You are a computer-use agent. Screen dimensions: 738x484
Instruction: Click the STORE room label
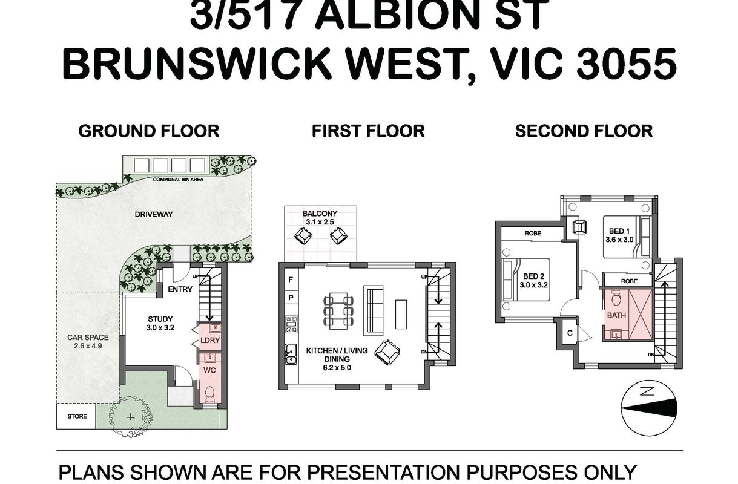click(x=77, y=416)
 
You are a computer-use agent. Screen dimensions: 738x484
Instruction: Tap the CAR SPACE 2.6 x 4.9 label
click(x=88, y=341)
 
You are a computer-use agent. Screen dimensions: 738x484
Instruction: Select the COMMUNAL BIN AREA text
click(x=178, y=180)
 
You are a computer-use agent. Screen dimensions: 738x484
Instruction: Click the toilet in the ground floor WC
click(x=209, y=394)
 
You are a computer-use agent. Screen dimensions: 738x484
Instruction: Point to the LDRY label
click(x=210, y=341)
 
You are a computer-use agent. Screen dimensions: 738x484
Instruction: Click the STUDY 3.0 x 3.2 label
click(x=160, y=323)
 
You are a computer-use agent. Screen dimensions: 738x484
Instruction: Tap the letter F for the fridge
click(x=291, y=280)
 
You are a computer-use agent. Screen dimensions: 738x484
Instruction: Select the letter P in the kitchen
click(x=291, y=298)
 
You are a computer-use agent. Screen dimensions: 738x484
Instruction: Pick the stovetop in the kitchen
click(x=291, y=324)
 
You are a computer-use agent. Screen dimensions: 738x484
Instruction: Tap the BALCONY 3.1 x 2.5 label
click(x=320, y=218)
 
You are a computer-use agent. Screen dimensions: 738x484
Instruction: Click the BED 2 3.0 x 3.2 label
click(x=534, y=281)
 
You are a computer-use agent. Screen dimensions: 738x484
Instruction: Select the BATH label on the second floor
click(x=616, y=315)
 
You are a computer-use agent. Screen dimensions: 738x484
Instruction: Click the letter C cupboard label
click(x=570, y=333)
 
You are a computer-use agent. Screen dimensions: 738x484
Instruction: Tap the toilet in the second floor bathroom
click(x=616, y=298)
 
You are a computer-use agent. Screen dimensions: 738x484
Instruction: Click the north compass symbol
click(x=649, y=408)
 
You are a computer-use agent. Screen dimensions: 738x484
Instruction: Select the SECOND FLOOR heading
click(x=584, y=131)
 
